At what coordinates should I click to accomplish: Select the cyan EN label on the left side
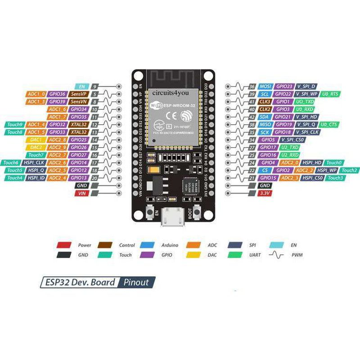81,86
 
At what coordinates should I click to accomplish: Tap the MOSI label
265,86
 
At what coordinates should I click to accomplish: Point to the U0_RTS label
330,94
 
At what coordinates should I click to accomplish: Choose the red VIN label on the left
81,193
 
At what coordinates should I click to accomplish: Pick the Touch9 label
15,124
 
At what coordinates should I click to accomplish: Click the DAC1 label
36,139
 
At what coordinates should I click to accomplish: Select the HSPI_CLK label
36,162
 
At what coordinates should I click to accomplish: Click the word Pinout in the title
137,283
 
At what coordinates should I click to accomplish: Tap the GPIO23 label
284,86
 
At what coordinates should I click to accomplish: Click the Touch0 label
334,162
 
